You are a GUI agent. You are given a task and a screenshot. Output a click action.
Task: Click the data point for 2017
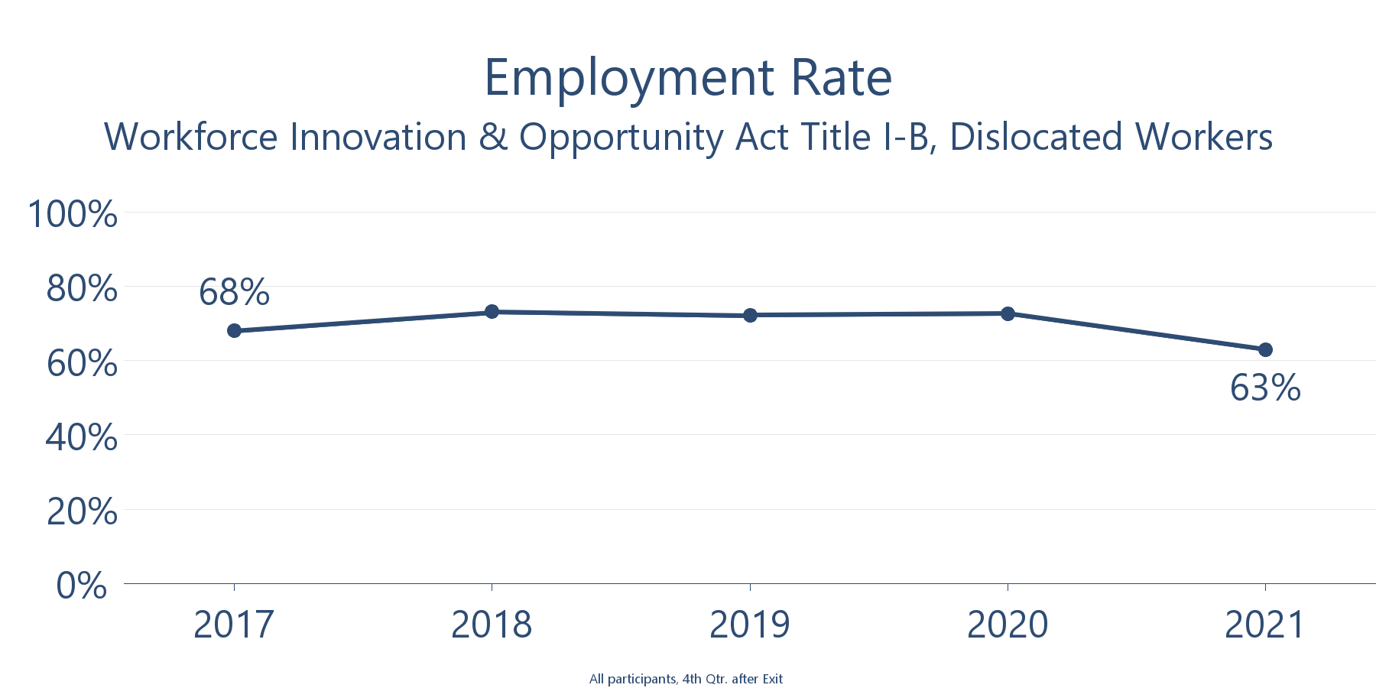coord(234,331)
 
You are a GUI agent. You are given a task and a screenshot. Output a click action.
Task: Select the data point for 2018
coord(492,312)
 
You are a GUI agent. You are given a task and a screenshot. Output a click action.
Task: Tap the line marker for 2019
coord(750,315)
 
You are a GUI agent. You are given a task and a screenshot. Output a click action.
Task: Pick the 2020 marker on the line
coord(1008,313)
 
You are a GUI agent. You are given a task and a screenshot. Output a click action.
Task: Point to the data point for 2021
coord(1265,349)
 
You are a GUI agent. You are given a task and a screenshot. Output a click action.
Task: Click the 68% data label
coord(234,292)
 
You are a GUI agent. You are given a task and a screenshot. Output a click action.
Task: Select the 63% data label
coord(1265,388)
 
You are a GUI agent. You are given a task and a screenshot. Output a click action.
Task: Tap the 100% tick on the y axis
coord(73,214)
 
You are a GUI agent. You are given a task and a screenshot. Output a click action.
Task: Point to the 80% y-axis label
coord(82,289)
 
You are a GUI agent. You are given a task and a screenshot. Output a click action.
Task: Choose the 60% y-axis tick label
coord(82,363)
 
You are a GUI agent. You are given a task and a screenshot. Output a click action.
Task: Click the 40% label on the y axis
coord(82,437)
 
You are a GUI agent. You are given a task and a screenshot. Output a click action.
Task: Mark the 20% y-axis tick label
coord(82,511)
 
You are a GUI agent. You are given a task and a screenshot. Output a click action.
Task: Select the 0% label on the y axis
coord(82,586)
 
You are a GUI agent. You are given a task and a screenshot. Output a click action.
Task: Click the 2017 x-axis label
coord(234,625)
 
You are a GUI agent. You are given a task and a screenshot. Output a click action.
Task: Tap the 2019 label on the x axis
coord(750,625)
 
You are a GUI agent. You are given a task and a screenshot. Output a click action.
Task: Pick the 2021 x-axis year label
coord(1265,625)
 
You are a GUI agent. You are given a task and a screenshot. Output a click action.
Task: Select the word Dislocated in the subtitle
coord(1036,138)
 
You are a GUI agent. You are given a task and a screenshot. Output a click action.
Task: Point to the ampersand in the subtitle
coord(493,138)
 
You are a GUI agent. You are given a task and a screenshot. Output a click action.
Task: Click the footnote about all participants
coord(686,679)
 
